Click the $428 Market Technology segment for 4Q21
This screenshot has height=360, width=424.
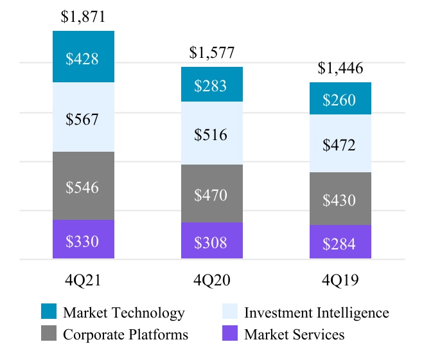coord(84,57)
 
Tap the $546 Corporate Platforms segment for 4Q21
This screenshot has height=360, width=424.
coord(84,186)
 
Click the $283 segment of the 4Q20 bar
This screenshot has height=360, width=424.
coord(212,85)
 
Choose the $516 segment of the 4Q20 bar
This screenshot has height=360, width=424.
coord(212,134)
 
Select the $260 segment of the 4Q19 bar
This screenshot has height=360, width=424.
coord(340,99)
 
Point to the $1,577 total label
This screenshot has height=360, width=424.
coord(212,53)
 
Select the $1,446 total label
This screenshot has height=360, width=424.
coord(340,69)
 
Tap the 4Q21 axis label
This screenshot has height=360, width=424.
coord(84,281)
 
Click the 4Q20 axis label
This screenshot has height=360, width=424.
coord(212,281)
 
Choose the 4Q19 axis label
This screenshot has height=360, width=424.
coord(340,281)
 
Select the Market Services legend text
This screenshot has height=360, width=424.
coord(294,334)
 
